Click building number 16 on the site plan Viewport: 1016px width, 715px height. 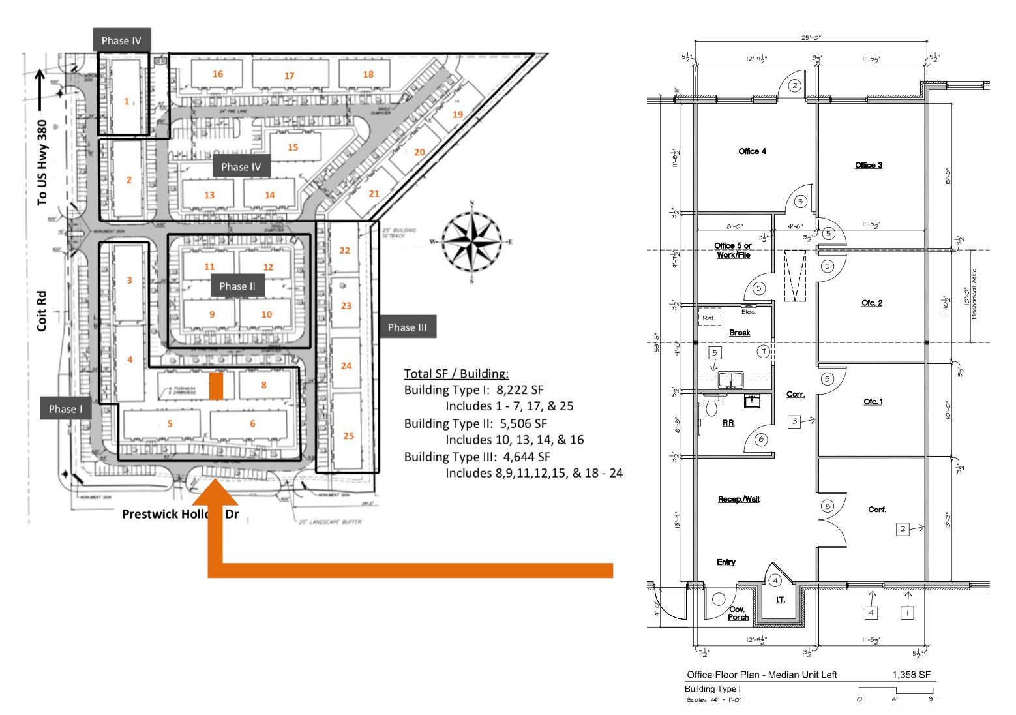[x=218, y=74]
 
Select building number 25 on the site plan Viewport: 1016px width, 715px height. [x=349, y=436]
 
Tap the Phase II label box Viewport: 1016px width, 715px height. [x=237, y=286]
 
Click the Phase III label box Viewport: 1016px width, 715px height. [x=407, y=327]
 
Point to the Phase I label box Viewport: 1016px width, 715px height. [x=65, y=409]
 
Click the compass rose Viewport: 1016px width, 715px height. [x=471, y=241]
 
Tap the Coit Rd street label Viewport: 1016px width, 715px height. [x=42, y=311]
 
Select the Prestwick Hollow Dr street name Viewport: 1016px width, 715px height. [x=180, y=514]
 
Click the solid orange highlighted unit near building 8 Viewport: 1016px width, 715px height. [x=217, y=386]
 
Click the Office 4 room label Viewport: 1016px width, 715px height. [x=752, y=151]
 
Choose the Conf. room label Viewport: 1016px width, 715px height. [x=877, y=510]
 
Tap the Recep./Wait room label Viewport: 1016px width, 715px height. [x=738, y=499]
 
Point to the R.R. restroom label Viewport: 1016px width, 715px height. [x=728, y=423]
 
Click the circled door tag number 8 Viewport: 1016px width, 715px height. [x=827, y=506]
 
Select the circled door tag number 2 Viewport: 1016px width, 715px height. [x=795, y=85]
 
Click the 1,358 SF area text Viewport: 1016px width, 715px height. [x=911, y=675]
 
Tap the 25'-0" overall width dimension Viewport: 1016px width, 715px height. [x=811, y=38]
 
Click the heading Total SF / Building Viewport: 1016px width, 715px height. [x=456, y=374]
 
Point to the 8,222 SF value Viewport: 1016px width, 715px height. [x=520, y=390]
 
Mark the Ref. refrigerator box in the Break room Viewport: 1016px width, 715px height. [x=710, y=318]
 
